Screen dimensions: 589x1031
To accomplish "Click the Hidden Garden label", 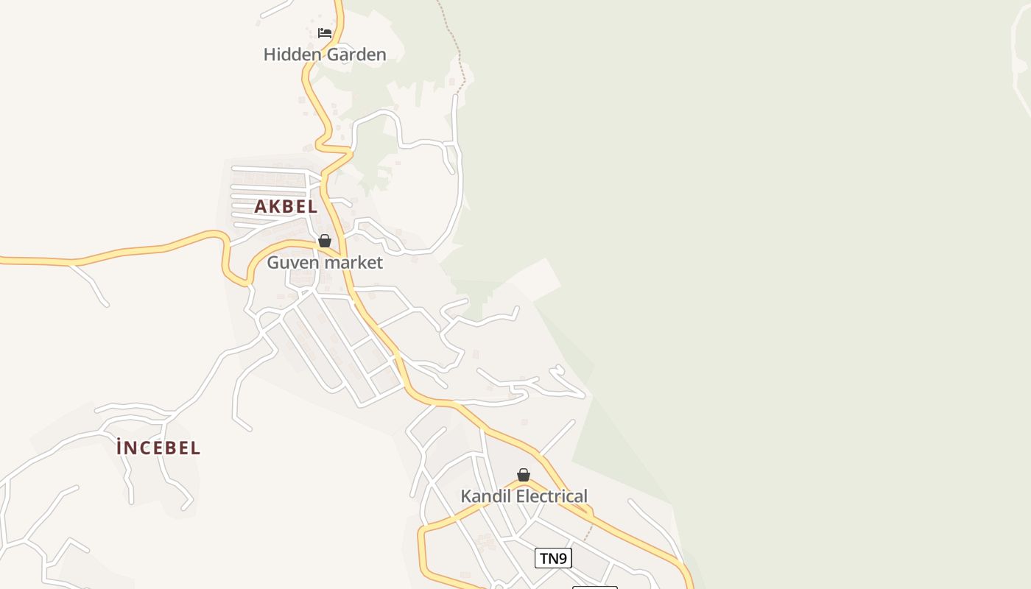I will tap(325, 54).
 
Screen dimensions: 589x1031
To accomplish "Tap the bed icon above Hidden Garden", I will tap(324, 32).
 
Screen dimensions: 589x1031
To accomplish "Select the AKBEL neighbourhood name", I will tap(286, 207).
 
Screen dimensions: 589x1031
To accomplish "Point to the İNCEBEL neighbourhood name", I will tap(158, 448).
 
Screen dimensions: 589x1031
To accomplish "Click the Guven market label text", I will tap(325, 263).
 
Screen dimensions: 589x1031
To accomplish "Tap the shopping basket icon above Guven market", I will tap(325, 241).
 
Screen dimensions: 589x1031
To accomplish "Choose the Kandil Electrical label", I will tap(524, 496).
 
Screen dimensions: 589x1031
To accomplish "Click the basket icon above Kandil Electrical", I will tap(524, 475).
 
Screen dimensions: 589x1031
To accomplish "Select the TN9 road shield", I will tap(553, 558).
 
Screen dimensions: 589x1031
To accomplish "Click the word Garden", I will tap(358, 54).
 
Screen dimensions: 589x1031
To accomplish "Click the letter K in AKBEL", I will tap(274, 207).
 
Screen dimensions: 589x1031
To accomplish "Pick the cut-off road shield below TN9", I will tap(594, 587).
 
